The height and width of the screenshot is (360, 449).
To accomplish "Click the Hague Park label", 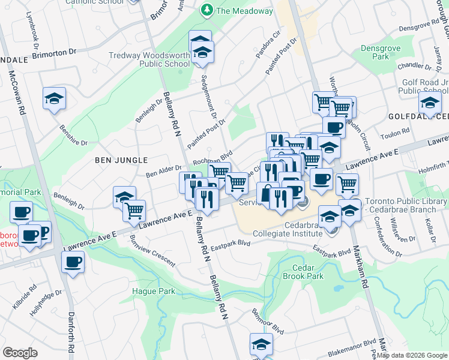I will tap(152, 292).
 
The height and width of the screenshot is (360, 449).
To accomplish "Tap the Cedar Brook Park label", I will tap(307, 272).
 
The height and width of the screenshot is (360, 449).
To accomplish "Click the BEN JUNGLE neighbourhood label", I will tap(121, 160).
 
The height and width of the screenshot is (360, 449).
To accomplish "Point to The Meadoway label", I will tap(245, 11).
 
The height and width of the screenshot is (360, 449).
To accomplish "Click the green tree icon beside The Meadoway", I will tap(207, 10).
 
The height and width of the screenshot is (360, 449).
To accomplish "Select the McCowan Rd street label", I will tap(18, 94).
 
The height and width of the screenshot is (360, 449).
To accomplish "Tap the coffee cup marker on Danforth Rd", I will tap(73, 262).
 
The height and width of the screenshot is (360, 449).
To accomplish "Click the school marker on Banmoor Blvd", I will tap(261, 345).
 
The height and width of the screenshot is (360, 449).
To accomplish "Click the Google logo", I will tap(20, 353).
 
